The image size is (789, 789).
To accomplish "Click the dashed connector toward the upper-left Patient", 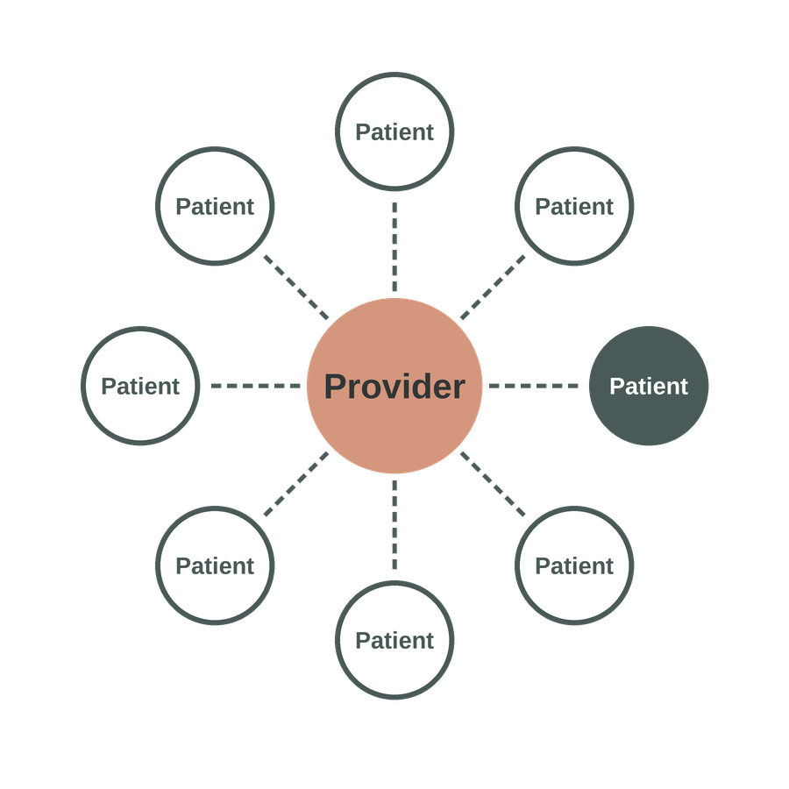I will (x=296, y=288).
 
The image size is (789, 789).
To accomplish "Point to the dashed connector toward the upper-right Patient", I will (x=493, y=288).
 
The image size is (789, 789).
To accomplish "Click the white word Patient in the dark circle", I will (x=649, y=387).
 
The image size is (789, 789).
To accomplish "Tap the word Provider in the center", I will (x=394, y=387).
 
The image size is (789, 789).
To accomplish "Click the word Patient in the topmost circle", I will (x=394, y=132).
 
